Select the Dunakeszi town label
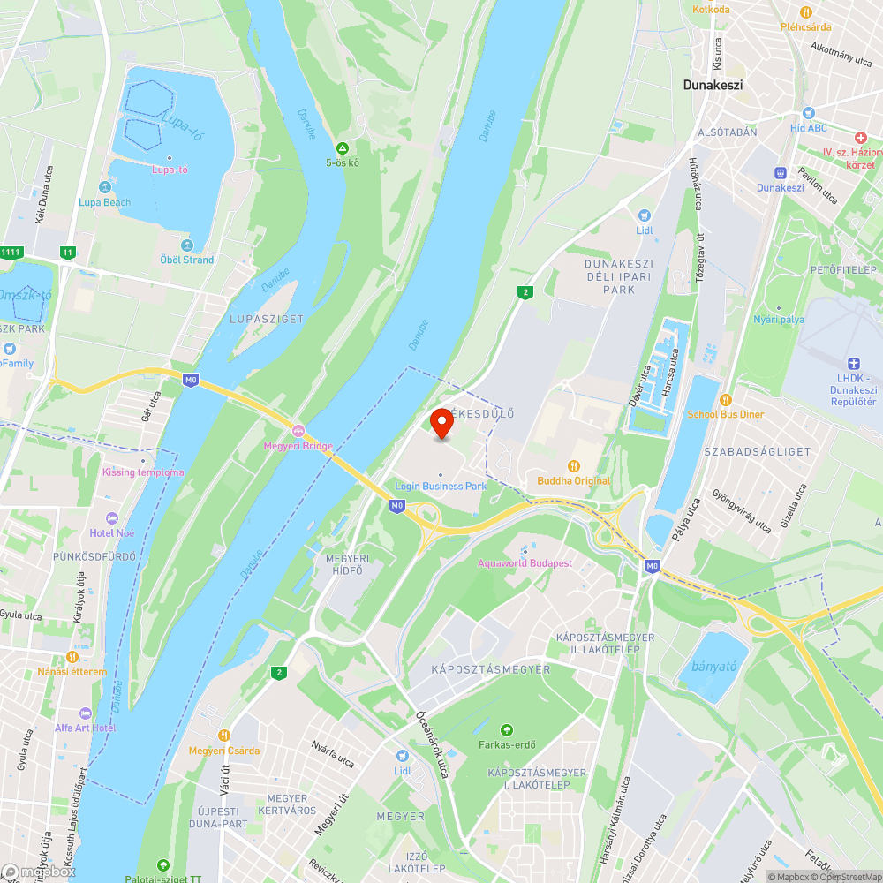click(713, 86)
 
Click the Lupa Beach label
click(104, 202)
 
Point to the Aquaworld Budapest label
click(525, 563)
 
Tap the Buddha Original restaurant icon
click(574, 465)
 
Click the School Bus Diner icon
click(726, 399)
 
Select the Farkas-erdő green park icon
click(507, 730)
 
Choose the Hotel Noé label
click(112, 533)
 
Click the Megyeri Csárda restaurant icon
click(224, 735)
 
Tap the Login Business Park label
click(441, 487)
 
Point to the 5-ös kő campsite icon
click(343, 147)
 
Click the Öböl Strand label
click(186, 260)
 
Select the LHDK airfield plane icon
click(853, 364)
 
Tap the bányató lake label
click(714, 667)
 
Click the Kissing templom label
click(143, 472)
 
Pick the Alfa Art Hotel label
click(85, 728)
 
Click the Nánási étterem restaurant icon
click(72, 657)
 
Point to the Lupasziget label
click(266, 319)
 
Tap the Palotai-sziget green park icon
click(162, 864)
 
